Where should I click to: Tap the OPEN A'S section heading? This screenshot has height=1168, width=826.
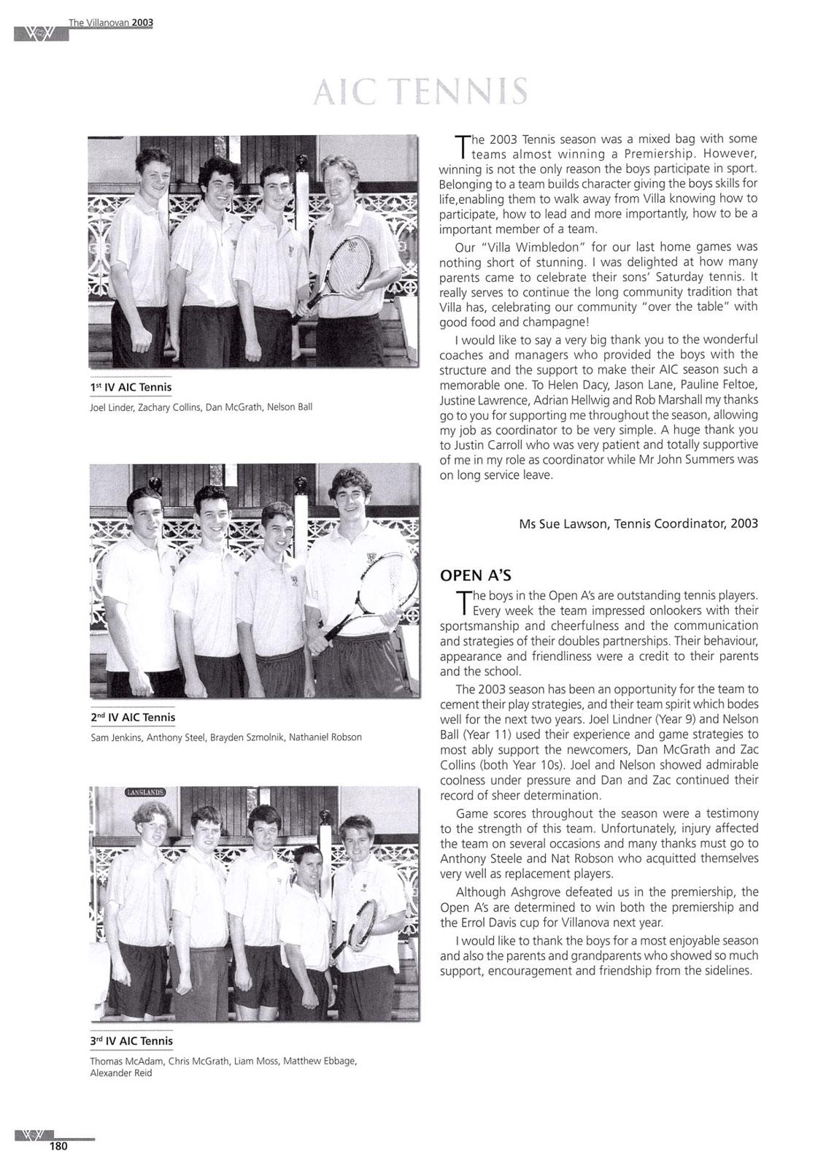470,575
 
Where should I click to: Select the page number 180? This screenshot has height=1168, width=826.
58,1146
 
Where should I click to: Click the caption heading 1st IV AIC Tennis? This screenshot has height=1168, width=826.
131,386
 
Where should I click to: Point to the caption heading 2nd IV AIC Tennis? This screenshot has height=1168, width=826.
133,717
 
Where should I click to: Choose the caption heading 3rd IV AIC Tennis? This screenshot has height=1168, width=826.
131,1040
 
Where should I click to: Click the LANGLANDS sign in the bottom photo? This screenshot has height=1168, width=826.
145,791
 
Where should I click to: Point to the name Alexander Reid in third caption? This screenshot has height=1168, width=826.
121,1073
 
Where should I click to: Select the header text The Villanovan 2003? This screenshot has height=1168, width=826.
111,23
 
